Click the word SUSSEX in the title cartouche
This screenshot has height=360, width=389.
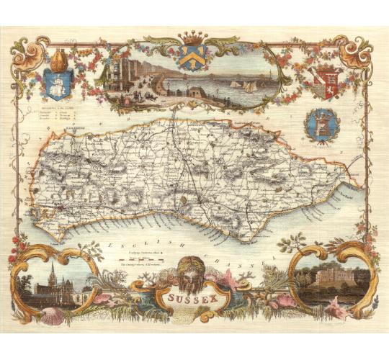coord(194,294)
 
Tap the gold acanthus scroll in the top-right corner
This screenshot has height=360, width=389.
coord(357,47)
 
